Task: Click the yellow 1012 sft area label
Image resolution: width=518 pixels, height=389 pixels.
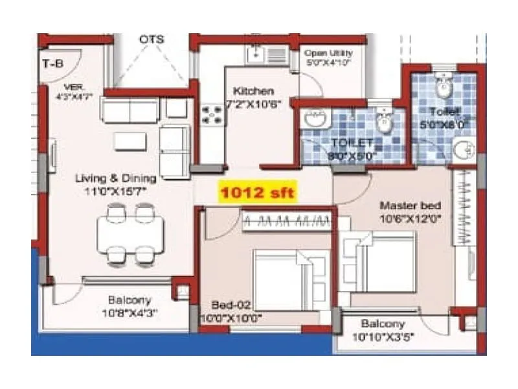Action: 258,193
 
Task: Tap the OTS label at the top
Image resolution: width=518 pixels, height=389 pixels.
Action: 152,40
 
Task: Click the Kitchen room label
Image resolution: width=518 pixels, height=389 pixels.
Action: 253,91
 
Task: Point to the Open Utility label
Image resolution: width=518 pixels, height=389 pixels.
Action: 328,54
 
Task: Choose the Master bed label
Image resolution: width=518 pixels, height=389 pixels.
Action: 410,206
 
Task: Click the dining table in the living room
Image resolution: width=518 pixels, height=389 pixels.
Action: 130,235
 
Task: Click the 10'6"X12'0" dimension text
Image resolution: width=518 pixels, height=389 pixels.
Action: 410,218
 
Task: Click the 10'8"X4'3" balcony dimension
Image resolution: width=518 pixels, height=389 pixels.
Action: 129,312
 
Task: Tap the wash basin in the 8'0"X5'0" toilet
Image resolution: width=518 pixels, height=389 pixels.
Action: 315,119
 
